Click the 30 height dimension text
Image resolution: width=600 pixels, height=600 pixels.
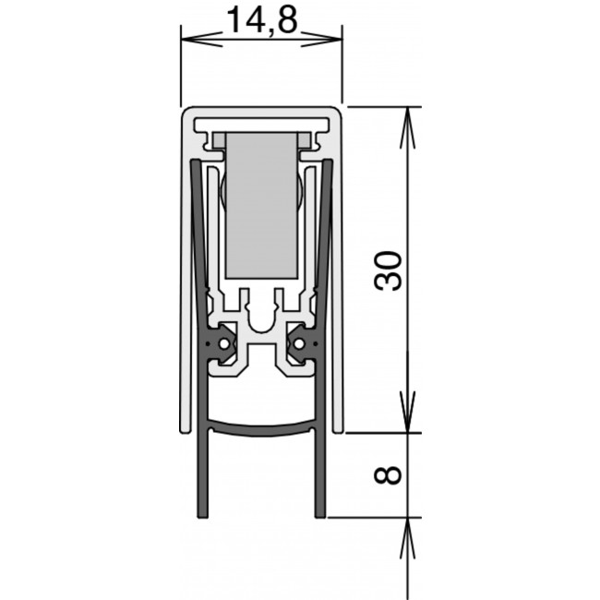point(388,270)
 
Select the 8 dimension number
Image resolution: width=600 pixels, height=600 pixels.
point(388,474)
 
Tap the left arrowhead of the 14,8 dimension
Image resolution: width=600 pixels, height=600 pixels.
point(201,40)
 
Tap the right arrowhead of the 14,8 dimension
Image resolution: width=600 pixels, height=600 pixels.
point(321,40)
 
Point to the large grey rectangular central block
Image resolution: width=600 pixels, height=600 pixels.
point(262,205)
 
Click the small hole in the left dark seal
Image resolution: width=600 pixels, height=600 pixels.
point(224,344)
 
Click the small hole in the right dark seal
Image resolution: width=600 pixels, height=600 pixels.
point(299,344)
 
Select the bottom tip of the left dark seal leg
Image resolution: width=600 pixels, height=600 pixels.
point(202,517)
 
